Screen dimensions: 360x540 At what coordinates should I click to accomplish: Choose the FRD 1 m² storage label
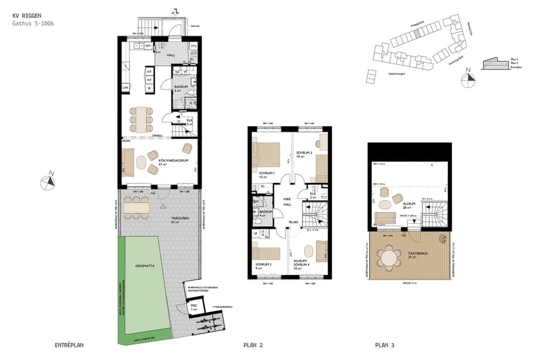click(194, 307)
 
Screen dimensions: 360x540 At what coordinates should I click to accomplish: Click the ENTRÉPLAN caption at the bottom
click(68, 345)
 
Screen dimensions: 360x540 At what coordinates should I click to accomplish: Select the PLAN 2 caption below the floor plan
click(253, 345)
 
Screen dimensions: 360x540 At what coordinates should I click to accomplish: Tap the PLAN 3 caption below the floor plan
click(385, 345)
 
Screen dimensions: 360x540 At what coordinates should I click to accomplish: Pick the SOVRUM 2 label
click(304, 155)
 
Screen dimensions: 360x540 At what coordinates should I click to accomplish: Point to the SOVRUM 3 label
click(263, 266)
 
